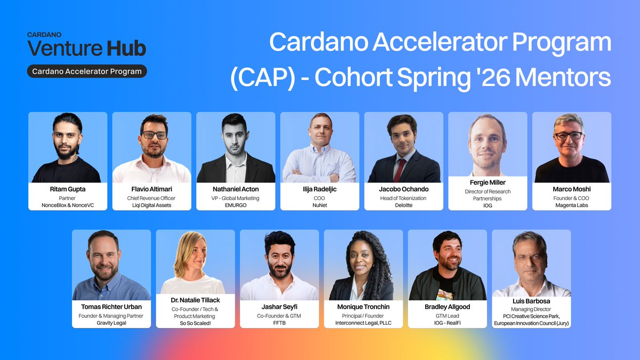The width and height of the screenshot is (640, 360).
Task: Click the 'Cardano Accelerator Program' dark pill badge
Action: (x=87, y=71)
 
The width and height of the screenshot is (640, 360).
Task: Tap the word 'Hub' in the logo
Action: (x=126, y=49)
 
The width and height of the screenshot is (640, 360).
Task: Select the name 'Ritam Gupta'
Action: (x=68, y=189)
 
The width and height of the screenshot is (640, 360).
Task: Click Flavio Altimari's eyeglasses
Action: (x=154, y=135)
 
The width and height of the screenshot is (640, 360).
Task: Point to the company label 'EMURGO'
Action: (x=236, y=205)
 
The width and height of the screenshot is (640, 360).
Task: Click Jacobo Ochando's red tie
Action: (x=399, y=170)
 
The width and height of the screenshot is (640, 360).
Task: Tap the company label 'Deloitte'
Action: (x=404, y=205)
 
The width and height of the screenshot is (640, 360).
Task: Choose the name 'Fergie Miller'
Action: (x=487, y=182)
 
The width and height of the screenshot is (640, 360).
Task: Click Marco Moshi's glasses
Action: (x=569, y=135)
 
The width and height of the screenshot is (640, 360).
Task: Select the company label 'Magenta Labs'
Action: (x=572, y=205)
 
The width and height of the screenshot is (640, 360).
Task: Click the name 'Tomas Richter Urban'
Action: (x=111, y=307)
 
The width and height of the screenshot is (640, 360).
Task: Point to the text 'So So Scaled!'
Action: (x=195, y=323)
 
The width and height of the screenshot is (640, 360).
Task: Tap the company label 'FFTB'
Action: (x=279, y=323)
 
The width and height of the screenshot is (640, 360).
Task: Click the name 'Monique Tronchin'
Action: (x=363, y=307)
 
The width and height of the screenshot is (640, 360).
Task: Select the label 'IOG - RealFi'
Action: (x=447, y=323)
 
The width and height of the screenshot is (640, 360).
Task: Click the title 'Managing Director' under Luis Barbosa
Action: (x=531, y=309)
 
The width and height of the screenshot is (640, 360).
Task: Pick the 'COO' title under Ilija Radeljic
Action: (x=319, y=198)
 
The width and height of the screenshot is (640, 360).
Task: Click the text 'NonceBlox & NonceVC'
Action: (x=68, y=205)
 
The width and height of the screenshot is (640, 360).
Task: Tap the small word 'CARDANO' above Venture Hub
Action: (x=44, y=35)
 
